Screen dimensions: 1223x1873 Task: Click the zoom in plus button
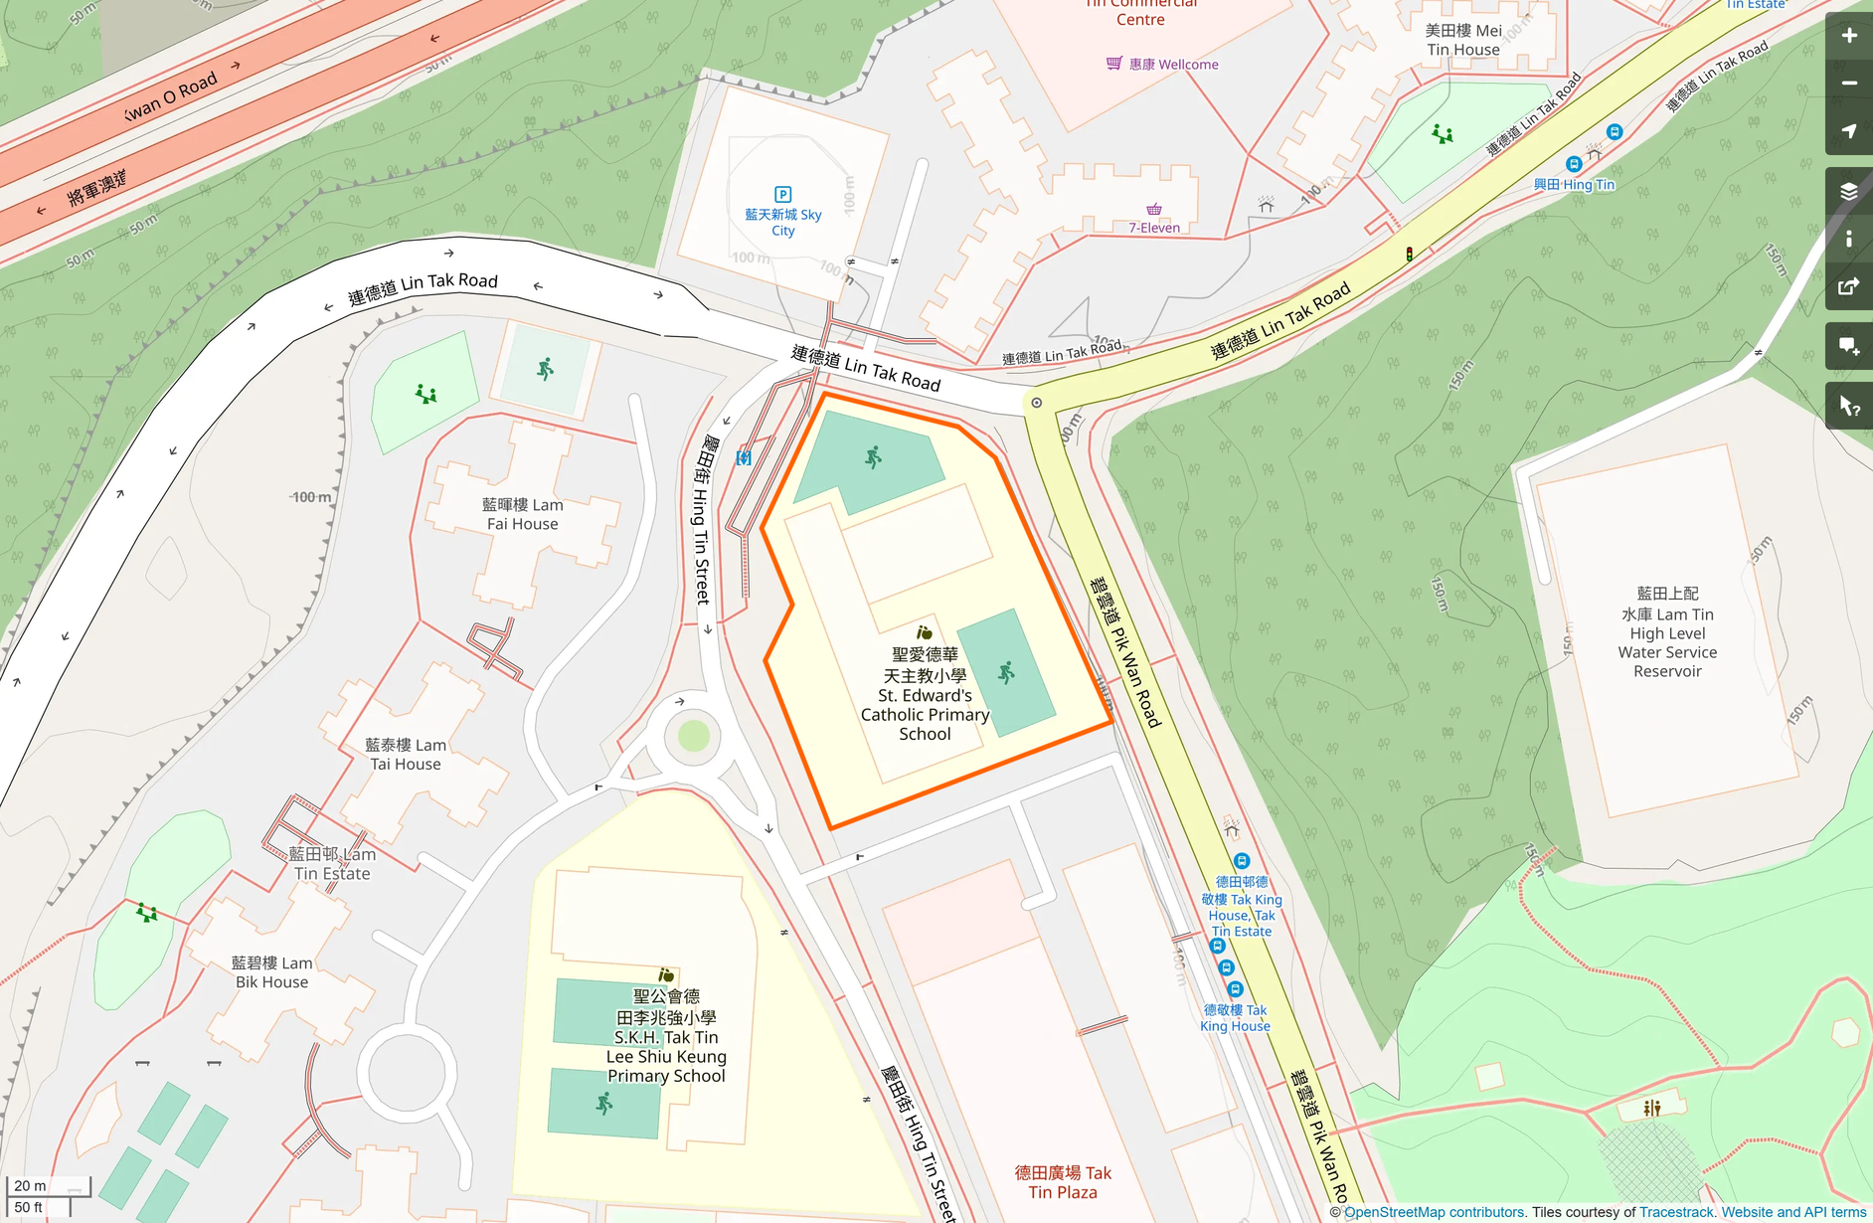coord(1848,36)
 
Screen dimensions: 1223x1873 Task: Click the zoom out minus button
coord(1848,84)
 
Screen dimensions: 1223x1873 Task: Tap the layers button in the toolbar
coord(1848,191)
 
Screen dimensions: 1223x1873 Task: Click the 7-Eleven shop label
coord(1153,228)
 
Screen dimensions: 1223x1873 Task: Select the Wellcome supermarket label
coord(1172,65)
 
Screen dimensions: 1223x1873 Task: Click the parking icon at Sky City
coord(782,195)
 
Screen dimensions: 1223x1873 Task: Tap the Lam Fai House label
coord(522,514)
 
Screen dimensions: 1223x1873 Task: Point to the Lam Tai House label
coord(405,754)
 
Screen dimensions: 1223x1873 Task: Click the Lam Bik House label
coord(271,972)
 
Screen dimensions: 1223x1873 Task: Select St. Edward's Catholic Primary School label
coord(925,694)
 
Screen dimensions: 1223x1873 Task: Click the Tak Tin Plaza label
coord(1063,1182)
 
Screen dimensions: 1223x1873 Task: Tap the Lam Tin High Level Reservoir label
coord(1666,632)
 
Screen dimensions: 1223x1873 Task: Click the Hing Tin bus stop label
coord(1573,184)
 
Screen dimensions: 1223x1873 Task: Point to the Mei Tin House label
coord(1462,40)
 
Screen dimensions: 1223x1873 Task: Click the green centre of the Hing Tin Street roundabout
coord(693,736)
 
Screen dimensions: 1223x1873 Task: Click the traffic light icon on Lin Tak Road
coord(1409,255)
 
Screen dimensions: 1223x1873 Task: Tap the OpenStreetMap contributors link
coord(1434,1212)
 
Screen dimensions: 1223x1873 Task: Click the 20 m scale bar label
coord(30,1185)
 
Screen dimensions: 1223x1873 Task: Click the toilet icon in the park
coord(1651,1108)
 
